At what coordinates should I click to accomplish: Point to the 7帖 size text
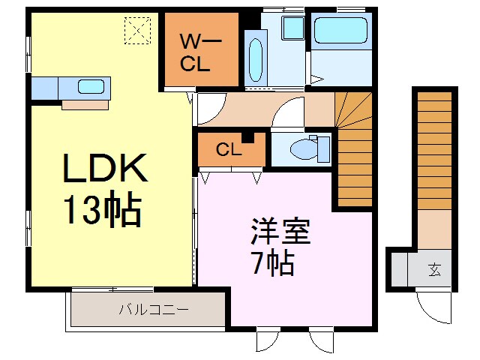click(271, 263)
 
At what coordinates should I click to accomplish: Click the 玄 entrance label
click(435, 268)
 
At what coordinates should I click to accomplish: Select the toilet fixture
click(310, 148)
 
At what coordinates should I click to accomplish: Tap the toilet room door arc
click(286, 117)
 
